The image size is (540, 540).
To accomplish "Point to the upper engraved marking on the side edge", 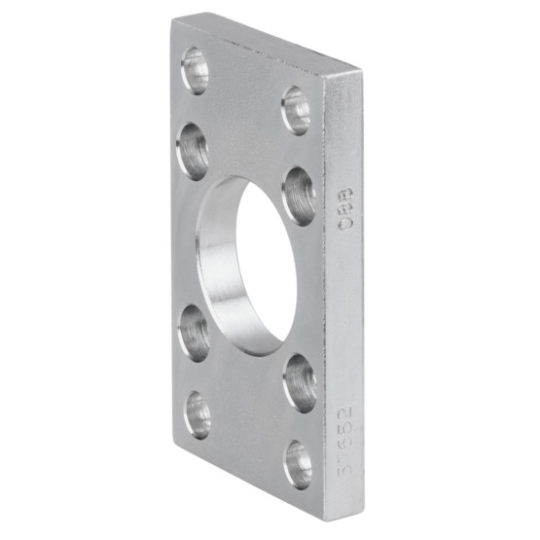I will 345,209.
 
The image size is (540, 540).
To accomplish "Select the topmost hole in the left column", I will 195,69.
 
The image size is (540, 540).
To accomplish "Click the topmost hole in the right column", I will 296,110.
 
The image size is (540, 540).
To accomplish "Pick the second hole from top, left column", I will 193,151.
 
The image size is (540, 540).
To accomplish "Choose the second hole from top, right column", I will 299,195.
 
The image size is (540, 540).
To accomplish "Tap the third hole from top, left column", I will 194,332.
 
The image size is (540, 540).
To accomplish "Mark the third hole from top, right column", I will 299,382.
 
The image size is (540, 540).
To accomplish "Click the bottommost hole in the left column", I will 198,414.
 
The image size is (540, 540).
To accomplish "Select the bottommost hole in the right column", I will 298,464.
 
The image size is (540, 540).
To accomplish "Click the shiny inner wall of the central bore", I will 219,272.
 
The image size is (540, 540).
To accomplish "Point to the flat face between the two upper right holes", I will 298,151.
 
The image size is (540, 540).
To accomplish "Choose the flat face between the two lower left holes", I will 195,375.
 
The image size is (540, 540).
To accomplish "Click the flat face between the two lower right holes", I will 299,424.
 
